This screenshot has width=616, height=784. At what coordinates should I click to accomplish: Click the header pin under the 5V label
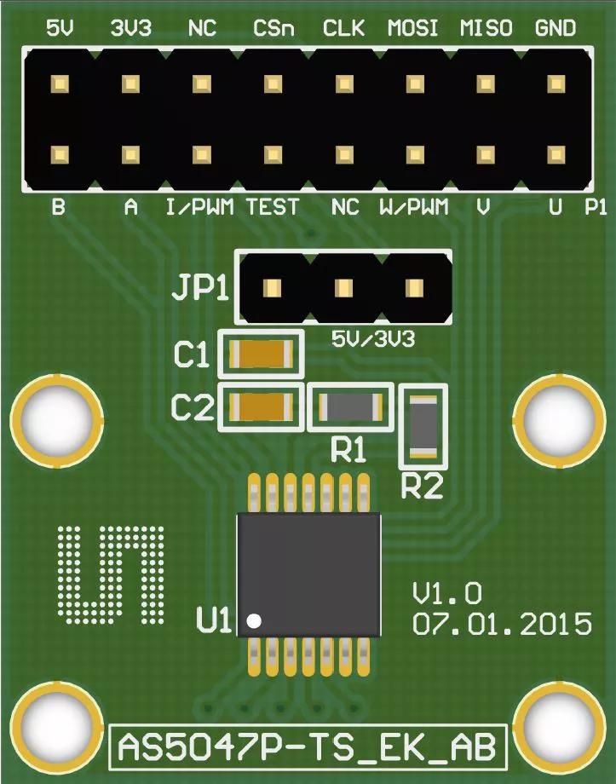click(60, 84)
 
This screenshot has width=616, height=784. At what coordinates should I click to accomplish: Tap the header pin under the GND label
click(556, 84)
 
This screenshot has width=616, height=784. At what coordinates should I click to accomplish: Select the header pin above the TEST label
click(273, 155)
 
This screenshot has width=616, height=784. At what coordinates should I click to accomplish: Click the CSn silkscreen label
click(273, 29)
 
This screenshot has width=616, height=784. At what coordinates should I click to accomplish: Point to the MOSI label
click(413, 29)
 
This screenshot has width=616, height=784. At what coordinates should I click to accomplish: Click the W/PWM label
click(414, 207)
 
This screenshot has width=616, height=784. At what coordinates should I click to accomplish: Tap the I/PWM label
click(199, 207)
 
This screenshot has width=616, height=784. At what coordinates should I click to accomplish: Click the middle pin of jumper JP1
click(343, 288)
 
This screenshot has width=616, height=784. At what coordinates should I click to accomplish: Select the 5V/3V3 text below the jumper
click(373, 340)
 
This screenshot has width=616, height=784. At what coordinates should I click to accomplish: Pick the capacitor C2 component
click(262, 407)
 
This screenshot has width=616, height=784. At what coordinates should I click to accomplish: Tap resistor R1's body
click(350, 407)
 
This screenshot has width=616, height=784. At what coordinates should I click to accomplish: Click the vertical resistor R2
click(423, 425)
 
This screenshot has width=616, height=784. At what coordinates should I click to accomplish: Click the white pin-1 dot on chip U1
click(253, 620)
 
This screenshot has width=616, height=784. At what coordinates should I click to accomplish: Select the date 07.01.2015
click(502, 623)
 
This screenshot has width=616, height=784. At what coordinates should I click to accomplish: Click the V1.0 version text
click(447, 592)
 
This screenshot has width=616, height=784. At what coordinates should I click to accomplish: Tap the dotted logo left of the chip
click(109, 571)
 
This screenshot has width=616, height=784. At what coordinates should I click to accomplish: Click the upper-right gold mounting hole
click(557, 418)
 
